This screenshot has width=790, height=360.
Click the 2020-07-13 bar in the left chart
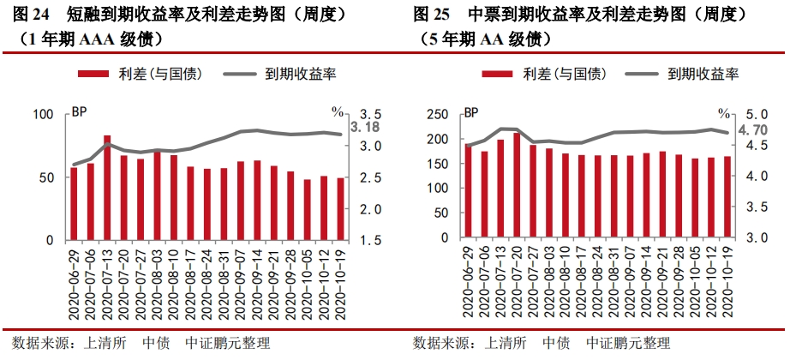tap(107, 188)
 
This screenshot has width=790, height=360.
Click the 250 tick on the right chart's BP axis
tap(438, 114)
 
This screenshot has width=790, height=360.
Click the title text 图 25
tap(432, 15)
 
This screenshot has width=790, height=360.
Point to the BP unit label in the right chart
tap(471, 112)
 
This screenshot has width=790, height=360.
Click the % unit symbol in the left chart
tap(338, 112)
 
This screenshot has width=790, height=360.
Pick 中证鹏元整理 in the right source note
tap(628, 344)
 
